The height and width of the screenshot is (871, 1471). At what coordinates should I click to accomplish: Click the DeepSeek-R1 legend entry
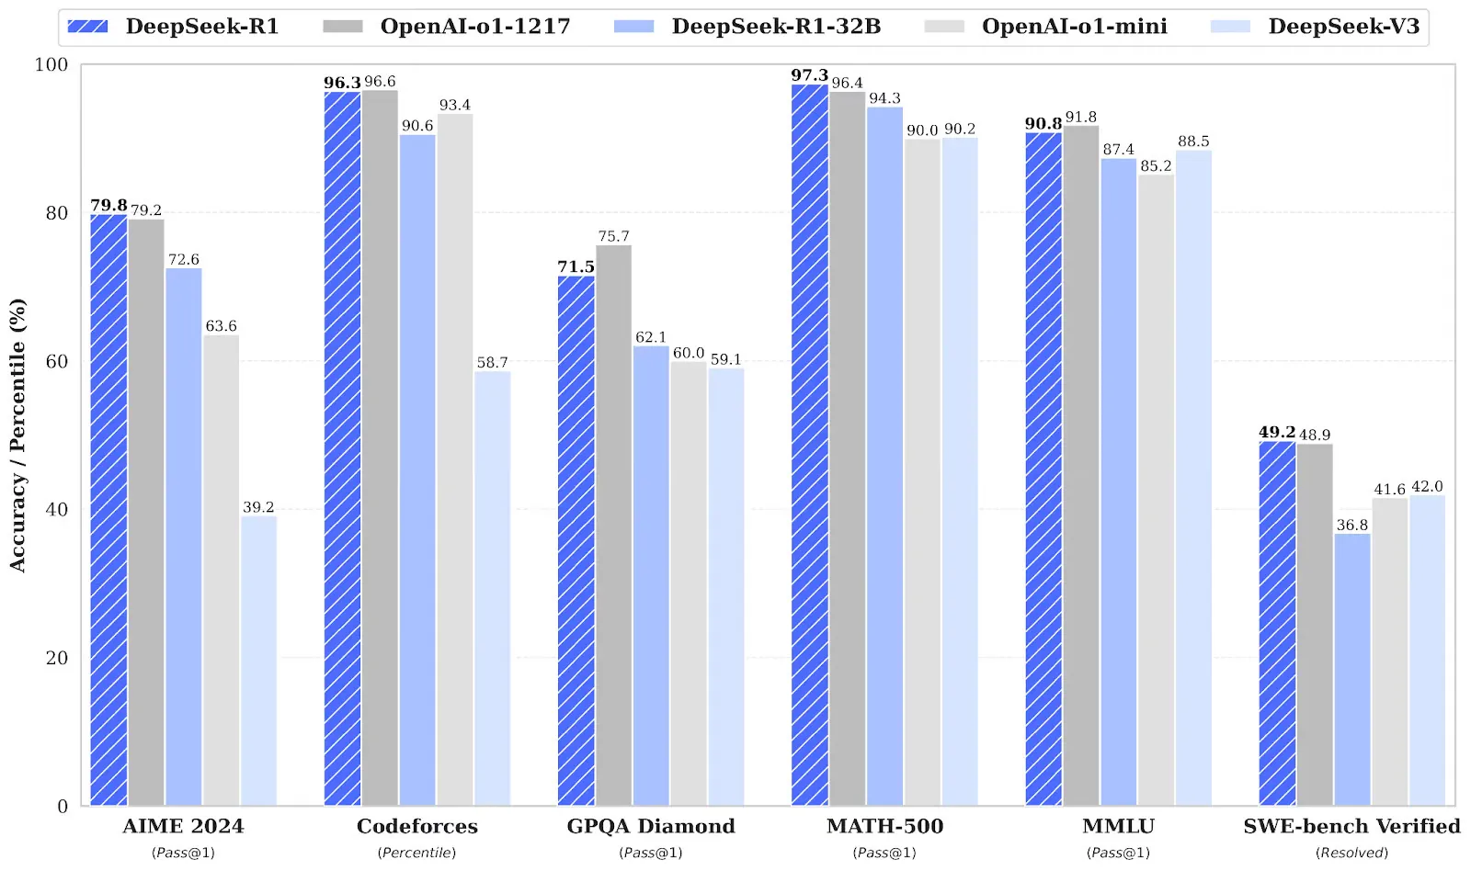pyautogui.click(x=175, y=27)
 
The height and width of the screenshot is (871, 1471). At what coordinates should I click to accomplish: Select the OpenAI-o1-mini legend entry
pyautogui.click(x=1048, y=27)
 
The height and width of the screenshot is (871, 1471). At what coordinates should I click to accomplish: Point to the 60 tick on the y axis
pyautogui.click(x=56, y=361)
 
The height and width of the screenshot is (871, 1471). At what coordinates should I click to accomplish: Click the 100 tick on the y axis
pyautogui.click(x=51, y=64)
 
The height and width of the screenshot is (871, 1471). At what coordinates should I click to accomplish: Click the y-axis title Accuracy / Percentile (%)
pyautogui.click(x=17, y=435)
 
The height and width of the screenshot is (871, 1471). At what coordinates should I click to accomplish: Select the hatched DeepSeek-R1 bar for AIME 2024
pyautogui.click(x=108, y=510)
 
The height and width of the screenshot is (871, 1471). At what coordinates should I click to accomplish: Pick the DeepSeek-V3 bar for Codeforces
pyautogui.click(x=493, y=588)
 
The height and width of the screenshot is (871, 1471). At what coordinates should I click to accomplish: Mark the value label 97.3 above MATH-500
pyautogui.click(x=809, y=75)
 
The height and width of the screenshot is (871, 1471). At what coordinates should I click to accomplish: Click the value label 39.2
pyautogui.click(x=258, y=507)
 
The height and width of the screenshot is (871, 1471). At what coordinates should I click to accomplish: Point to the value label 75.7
pyautogui.click(x=613, y=236)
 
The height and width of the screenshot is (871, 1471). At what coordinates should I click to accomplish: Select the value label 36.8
pyautogui.click(x=1352, y=525)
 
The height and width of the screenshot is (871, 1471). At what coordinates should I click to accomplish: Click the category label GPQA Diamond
pyautogui.click(x=651, y=826)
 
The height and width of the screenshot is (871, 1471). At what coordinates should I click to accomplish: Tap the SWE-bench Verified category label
pyautogui.click(x=1351, y=826)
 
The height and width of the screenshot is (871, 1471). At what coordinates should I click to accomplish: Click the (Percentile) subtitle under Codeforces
pyautogui.click(x=416, y=853)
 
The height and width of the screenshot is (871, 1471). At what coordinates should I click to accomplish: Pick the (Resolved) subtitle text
pyautogui.click(x=1351, y=853)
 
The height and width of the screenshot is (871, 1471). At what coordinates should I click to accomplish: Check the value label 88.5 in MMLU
pyautogui.click(x=1193, y=141)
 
